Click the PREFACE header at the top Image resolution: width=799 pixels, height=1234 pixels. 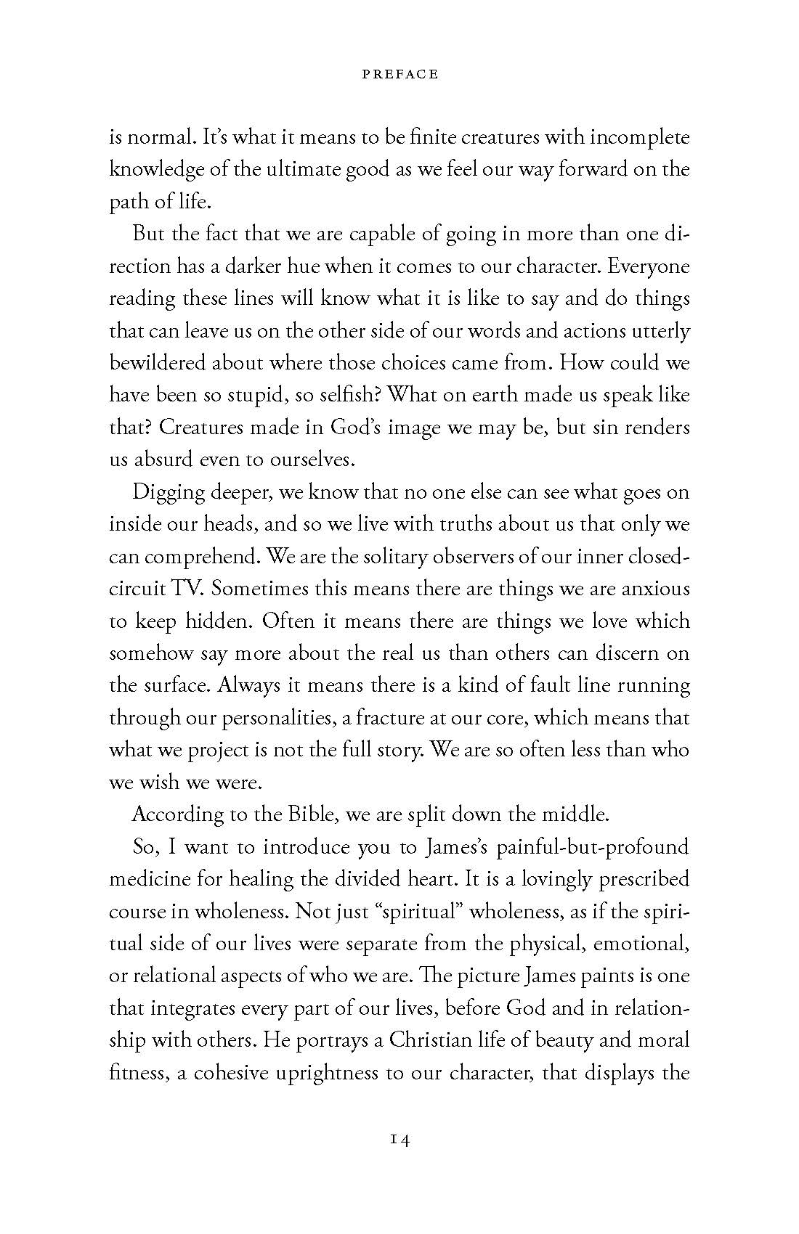click(399, 74)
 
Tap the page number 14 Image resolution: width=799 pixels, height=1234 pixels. click(399, 1140)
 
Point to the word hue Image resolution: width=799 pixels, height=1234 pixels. click(300, 266)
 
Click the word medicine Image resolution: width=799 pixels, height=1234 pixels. click(151, 879)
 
